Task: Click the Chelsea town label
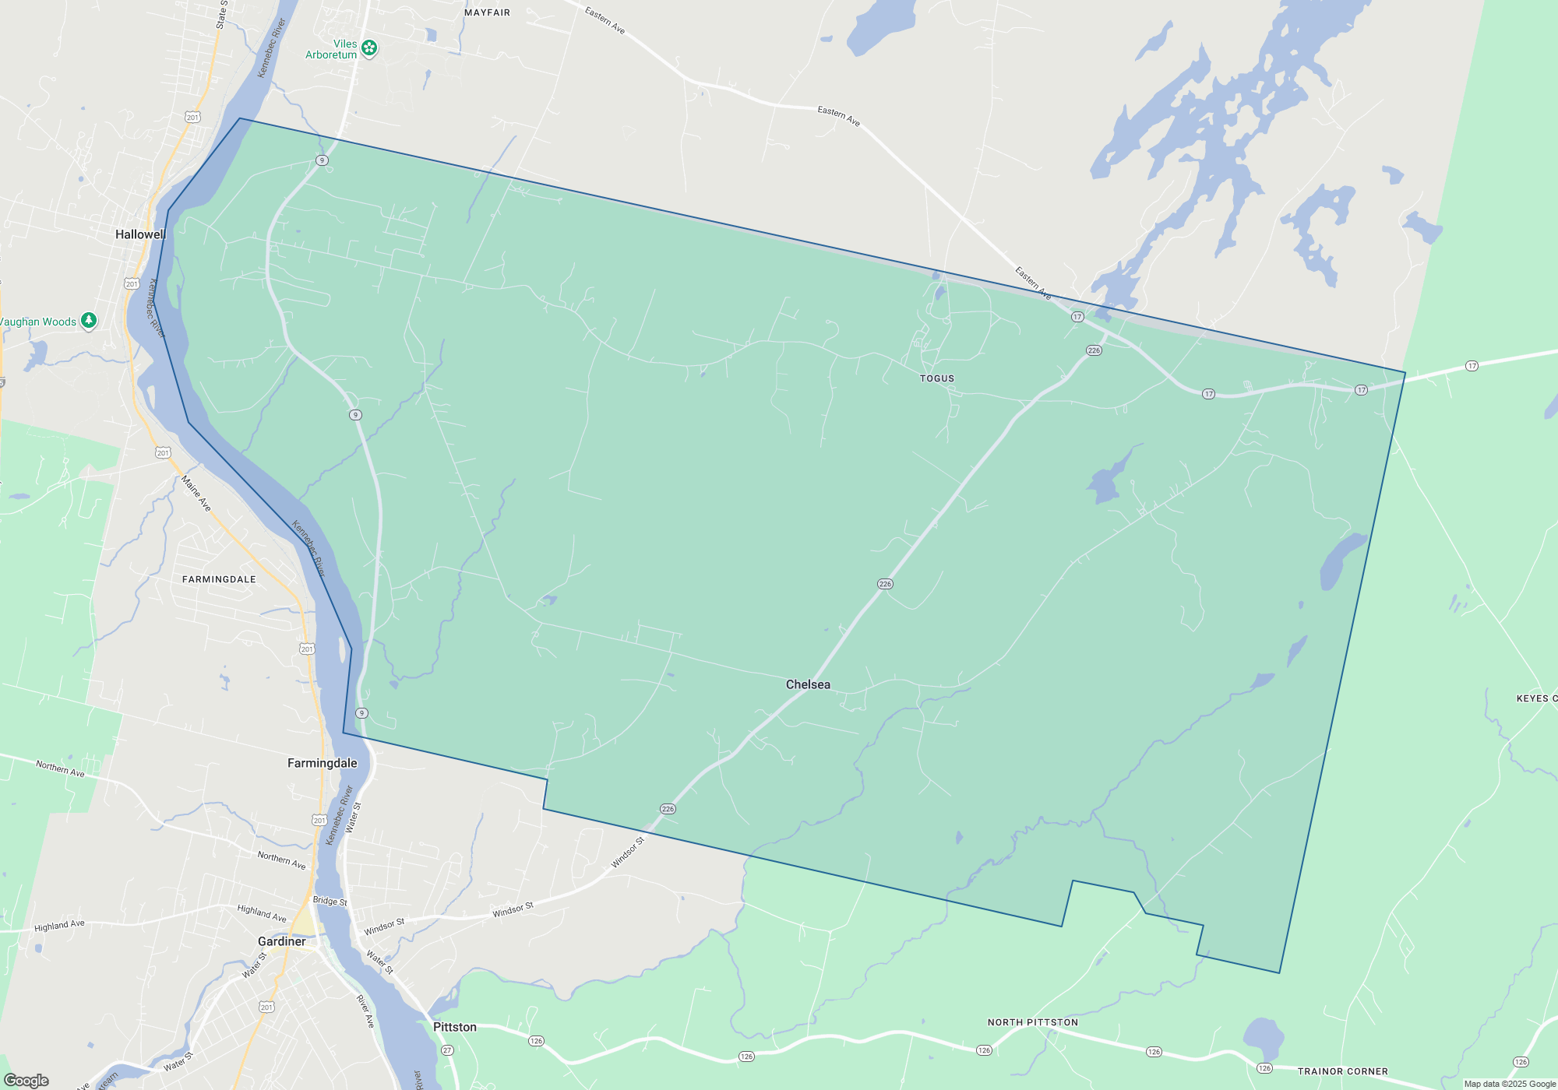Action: (808, 684)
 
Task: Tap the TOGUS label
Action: (936, 378)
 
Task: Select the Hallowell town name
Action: (140, 234)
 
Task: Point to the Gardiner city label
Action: (281, 941)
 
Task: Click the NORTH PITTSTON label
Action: (1033, 1022)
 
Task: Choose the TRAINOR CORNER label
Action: (1342, 1071)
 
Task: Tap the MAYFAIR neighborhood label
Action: (487, 12)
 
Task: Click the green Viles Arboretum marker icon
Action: (369, 48)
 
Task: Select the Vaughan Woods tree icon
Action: (89, 320)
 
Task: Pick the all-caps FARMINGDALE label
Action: (219, 579)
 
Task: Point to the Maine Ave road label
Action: (196, 494)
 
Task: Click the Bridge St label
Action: (330, 901)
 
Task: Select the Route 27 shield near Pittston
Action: (447, 1050)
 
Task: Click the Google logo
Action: (26, 1081)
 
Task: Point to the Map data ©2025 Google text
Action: (1510, 1084)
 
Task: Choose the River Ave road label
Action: (365, 1011)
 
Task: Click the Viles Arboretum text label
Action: (332, 49)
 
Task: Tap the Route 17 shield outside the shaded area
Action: (1472, 366)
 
